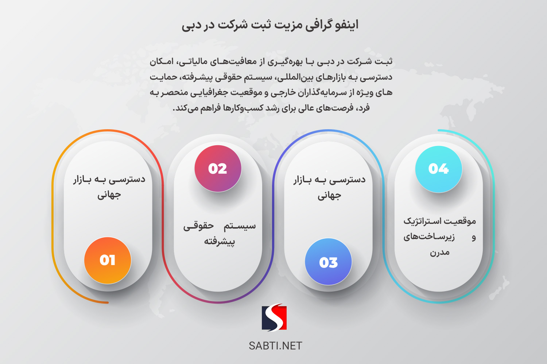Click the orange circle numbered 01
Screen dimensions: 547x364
coord(108,260)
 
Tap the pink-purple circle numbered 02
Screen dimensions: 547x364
coord(218,169)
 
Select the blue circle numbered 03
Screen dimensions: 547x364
coord(328,262)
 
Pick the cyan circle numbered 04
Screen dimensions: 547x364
coord(439,169)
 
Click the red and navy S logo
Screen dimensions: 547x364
coord(274,317)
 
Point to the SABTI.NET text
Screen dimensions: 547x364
coord(275,346)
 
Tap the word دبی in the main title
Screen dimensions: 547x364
coord(190,25)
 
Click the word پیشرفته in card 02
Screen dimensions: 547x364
coord(219,241)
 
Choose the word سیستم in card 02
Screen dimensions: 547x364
coord(240,226)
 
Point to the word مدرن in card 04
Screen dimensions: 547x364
coord(440,252)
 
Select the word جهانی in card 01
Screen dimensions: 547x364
coord(109,195)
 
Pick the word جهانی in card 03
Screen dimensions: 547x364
coord(329,195)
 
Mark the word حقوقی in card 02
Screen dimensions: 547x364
coord(198,226)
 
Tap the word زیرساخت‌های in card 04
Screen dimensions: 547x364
coord(429,237)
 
